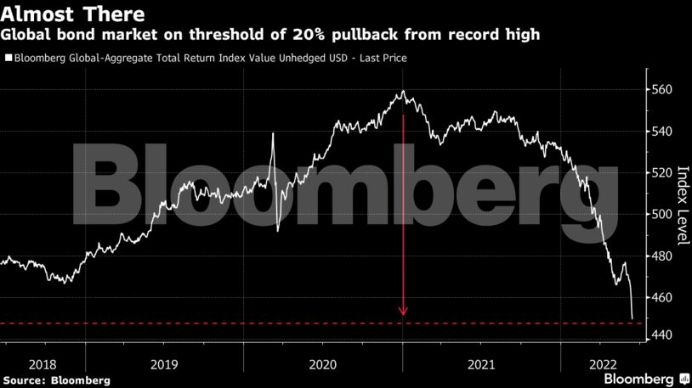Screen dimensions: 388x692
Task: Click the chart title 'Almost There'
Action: [72, 14]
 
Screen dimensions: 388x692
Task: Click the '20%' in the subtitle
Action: [310, 35]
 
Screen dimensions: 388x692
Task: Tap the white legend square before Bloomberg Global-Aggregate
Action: [9, 59]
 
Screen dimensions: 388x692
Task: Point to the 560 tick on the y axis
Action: [662, 90]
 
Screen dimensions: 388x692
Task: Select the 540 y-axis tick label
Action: [662, 132]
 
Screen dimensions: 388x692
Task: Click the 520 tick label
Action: [662, 173]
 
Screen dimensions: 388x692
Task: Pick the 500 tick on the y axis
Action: [662, 215]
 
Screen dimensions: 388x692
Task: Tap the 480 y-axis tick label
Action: [662, 256]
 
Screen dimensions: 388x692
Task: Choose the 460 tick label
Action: [662, 298]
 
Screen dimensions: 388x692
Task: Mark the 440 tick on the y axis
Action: [662, 336]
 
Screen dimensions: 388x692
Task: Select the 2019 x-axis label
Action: [164, 363]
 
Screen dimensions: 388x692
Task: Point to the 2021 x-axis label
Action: [481, 363]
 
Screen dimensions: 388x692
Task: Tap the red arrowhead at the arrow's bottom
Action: [403, 312]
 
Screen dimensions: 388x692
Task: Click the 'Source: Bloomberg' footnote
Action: [56, 380]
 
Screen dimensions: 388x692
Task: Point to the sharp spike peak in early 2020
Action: [273, 134]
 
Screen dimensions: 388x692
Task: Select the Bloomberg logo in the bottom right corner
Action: [646, 378]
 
